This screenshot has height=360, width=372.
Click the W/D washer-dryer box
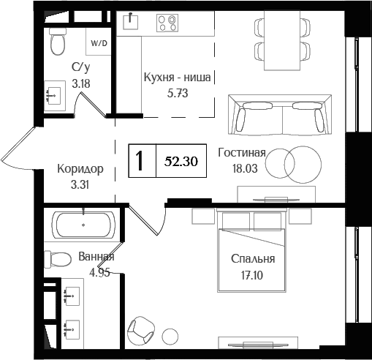[97, 42]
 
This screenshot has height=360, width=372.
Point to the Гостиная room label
[241, 153]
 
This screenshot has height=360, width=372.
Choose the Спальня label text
[252, 259]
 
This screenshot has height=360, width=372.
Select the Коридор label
[80, 169]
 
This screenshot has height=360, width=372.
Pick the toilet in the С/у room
[58, 44]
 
